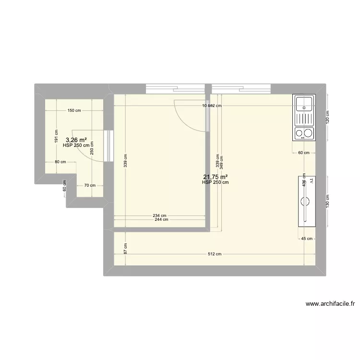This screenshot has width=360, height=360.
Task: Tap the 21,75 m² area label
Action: [215, 177]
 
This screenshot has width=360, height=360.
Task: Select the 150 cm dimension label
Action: [74, 110]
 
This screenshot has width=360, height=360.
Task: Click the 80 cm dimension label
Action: [60, 162]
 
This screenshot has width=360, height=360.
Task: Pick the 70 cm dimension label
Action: [90, 185]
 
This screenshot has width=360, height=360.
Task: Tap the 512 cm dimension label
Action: [215, 254]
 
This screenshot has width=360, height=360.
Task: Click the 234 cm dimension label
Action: [160, 216]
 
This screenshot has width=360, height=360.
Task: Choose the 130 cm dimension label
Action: [328, 200]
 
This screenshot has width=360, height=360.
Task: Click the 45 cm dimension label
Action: [307, 239]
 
